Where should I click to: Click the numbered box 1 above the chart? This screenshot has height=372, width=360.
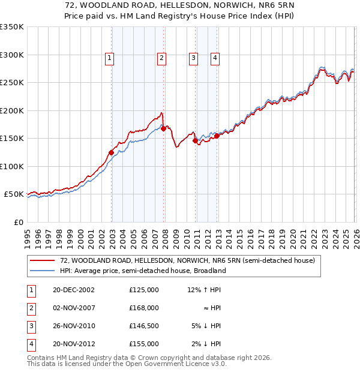(x=110, y=58)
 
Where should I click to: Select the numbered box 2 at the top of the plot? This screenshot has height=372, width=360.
(x=162, y=58)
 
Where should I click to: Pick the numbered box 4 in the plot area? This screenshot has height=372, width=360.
(x=215, y=58)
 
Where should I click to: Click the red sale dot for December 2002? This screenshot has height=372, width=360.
(x=112, y=152)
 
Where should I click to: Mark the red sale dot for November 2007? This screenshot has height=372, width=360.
(x=163, y=128)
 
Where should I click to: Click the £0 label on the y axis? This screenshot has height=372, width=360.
(x=18, y=222)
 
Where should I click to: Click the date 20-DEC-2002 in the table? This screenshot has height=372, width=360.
(x=73, y=290)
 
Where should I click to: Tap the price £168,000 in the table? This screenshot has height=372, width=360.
(x=143, y=308)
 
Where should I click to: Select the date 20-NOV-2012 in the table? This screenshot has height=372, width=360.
(x=73, y=344)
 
